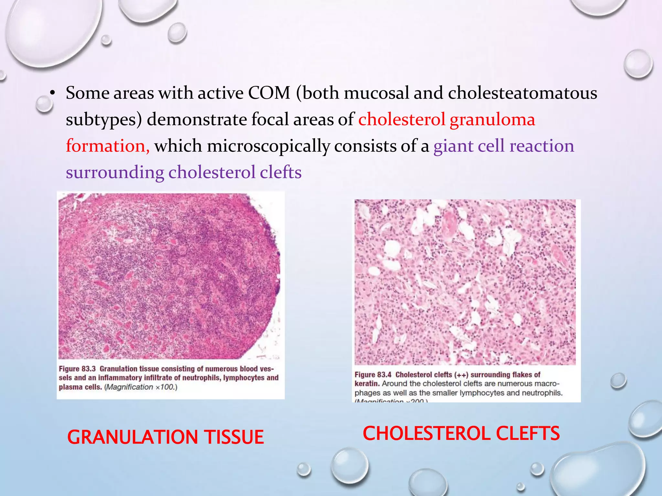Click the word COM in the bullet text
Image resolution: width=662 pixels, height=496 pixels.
(x=269, y=93)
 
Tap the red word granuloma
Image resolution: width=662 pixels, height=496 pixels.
(x=492, y=120)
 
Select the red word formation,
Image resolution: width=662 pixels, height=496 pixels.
(x=108, y=146)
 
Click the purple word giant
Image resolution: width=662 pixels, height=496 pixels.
(x=453, y=146)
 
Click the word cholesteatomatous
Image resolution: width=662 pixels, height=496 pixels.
(x=522, y=93)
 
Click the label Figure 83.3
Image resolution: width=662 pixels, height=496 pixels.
(x=77, y=369)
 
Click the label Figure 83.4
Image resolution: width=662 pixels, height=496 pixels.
(x=373, y=375)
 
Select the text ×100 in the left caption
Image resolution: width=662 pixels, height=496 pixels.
(x=165, y=387)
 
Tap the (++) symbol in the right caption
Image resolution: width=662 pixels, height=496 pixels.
(x=461, y=375)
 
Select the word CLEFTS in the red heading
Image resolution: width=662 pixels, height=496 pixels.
(x=528, y=433)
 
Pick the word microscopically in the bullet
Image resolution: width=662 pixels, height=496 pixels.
(x=268, y=146)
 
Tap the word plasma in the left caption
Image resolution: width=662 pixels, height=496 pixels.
(x=69, y=387)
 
